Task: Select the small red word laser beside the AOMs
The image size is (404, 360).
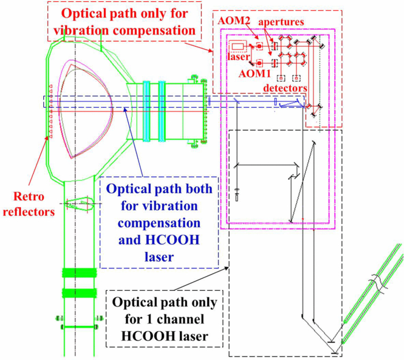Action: pos(241,57)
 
